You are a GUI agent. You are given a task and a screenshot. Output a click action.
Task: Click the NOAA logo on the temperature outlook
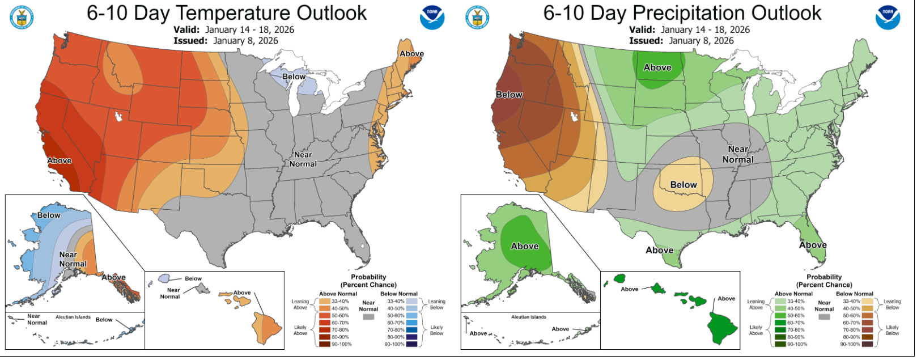(x=432, y=18)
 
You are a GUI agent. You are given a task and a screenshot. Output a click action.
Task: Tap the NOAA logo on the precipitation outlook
(x=888, y=18)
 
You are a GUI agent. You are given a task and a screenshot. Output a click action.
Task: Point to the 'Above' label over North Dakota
(x=658, y=67)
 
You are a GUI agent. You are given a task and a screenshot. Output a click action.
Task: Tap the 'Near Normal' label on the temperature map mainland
(x=303, y=159)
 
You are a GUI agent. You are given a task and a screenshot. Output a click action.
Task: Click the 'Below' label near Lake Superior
(x=294, y=77)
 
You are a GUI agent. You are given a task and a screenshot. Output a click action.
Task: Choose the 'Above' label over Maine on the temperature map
(x=412, y=54)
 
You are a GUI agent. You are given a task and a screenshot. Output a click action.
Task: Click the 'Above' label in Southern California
(x=60, y=160)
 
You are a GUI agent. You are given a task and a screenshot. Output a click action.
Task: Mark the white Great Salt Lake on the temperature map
(x=119, y=117)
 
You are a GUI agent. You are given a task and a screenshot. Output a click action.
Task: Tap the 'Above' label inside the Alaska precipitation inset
(x=525, y=246)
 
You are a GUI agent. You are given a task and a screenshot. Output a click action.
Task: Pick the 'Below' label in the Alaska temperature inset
(x=49, y=215)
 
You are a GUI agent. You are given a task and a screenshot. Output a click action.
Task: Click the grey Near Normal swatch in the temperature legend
(x=369, y=317)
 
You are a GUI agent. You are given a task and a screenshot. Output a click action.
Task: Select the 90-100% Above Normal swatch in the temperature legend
(x=325, y=344)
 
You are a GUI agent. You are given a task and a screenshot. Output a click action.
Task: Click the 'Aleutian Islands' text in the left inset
(x=73, y=317)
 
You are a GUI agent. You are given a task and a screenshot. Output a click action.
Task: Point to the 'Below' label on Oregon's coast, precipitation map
(x=510, y=95)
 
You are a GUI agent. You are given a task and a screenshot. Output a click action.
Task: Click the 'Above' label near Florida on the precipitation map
(x=813, y=245)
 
